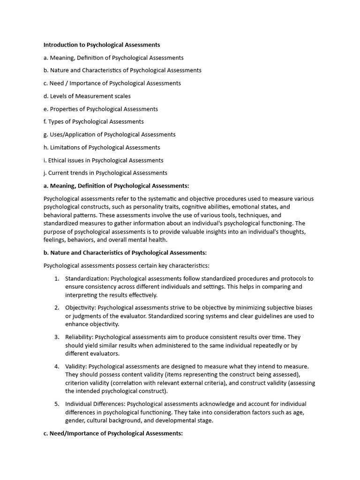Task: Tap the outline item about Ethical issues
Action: (103, 160)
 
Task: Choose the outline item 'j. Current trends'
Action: (105, 173)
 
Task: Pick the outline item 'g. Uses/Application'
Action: (109, 135)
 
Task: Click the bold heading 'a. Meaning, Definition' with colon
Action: (116, 186)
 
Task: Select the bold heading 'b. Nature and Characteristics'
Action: (125, 253)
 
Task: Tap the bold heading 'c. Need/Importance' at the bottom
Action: (112, 433)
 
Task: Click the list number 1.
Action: (56, 278)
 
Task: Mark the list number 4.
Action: (56, 366)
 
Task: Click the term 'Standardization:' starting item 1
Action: (87, 278)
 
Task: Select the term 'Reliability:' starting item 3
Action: (80, 337)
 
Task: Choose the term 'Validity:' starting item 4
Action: (76, 366)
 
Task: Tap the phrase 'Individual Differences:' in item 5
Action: (95, 404)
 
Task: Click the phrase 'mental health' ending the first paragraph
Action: (150, 240)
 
